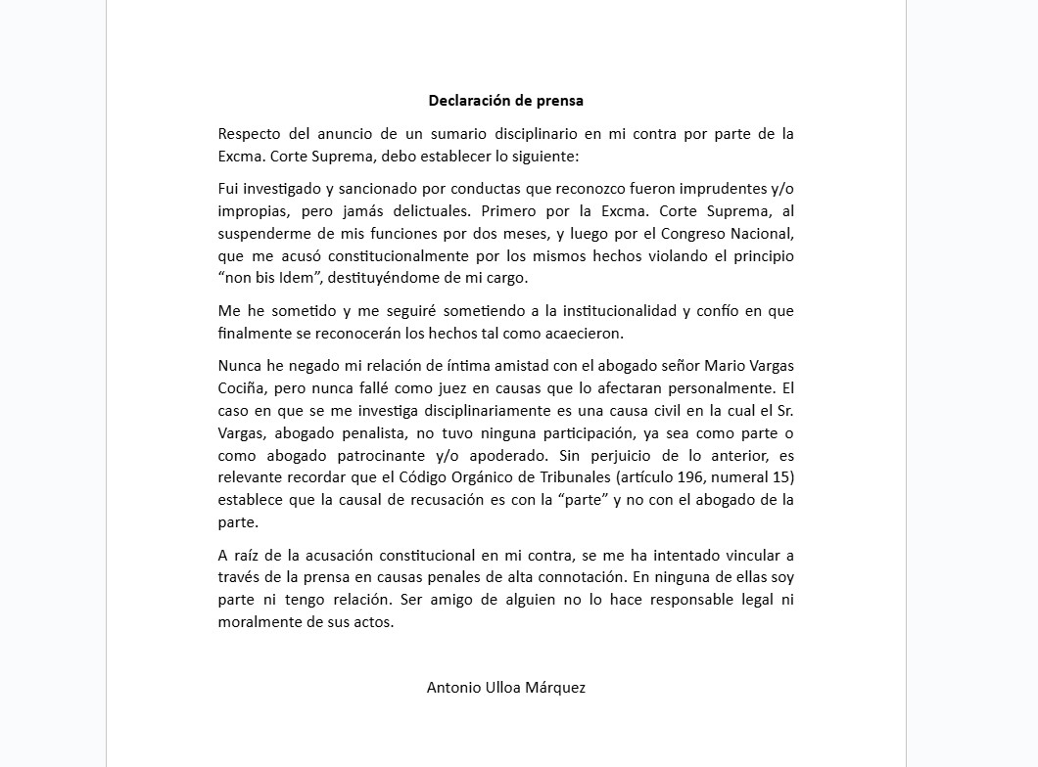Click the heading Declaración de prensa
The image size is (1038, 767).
click(x=505, y=100)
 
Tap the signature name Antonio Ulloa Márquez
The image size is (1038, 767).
click(x=505, y=687)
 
